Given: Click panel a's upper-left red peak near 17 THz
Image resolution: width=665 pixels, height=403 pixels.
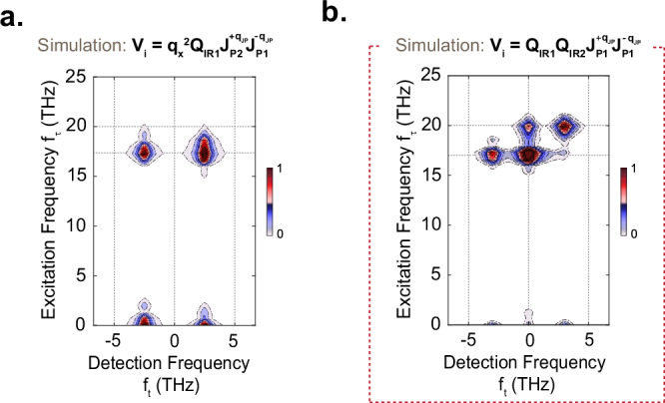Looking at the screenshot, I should coord(144,153).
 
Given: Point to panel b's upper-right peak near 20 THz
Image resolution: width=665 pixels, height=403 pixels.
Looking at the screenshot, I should coord(567,127).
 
